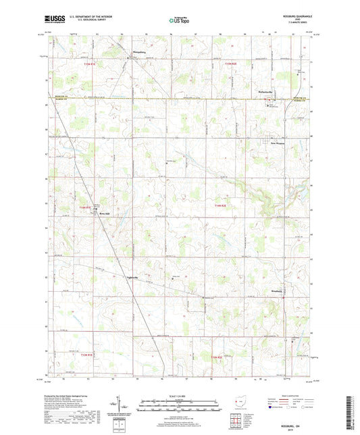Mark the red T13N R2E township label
[216, 356]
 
